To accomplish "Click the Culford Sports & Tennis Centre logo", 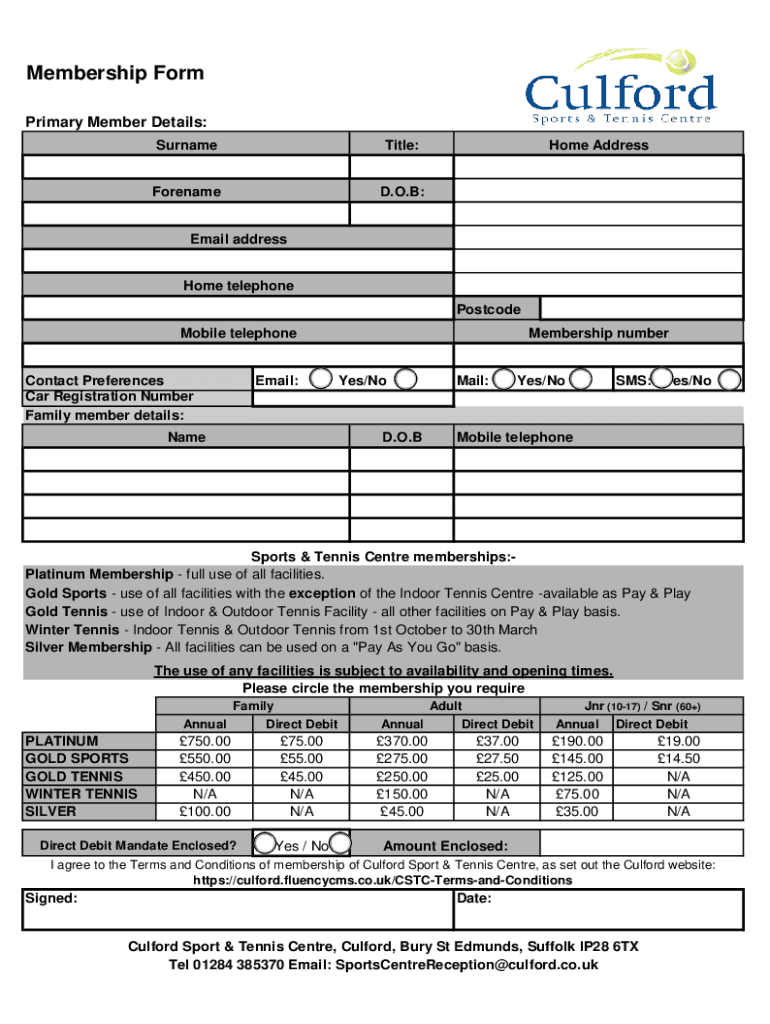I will pyautogui.click(x=621, y=88).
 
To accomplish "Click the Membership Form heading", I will pyautogui.click(x=115, y=73).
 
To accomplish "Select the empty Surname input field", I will pyautogui.click(x=186, y=167).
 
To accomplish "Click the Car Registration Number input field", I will pyautogui.click(x=352, y=397).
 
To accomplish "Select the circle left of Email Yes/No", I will pyautogui.click(x=322, y=379).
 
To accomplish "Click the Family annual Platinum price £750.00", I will pyautogui.click(x=204, y=741).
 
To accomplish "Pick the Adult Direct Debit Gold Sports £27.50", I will pyautogui.click(x=497, y=759).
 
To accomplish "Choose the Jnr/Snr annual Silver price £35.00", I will pyautogui.click(x=577, y=811).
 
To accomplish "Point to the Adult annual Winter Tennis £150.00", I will pyautogui.click(x=401, y=794).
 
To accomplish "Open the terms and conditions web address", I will pyautogui.click(x=382, y=880).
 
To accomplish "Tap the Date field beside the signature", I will pyautogui.click(x=598, y=910).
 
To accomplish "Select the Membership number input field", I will pyautogui.click(x=598, y=355).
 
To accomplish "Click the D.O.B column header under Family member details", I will pyautogui.click(x=402, y=437).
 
